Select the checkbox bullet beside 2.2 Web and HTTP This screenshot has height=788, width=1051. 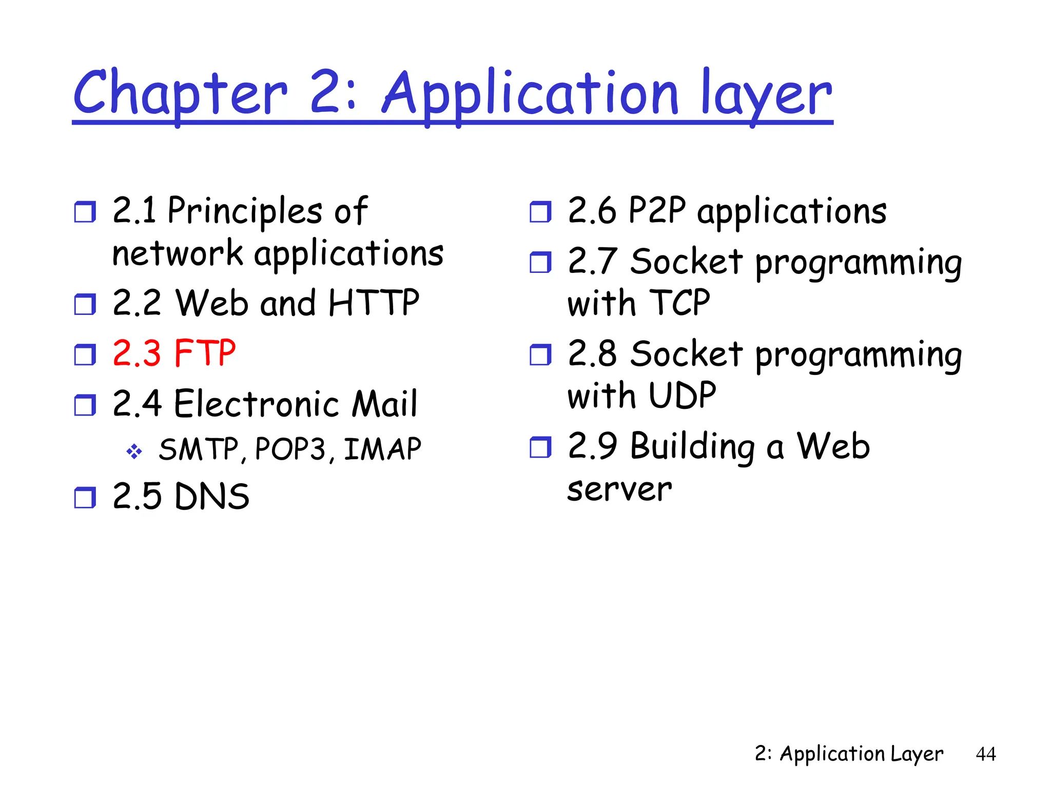pos(85,304)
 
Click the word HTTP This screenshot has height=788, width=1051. pos(374,303)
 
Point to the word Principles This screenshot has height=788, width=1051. pos(245,211)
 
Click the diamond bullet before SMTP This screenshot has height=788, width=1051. pos(134,451)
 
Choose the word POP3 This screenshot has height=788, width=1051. pos(290,449)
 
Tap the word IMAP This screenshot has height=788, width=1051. pos(382,449)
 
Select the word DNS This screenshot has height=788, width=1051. pos(212,497)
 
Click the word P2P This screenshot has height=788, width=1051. pos(657,210)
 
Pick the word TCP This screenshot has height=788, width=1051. pos(679,303)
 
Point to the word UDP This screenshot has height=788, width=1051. pos(682,396)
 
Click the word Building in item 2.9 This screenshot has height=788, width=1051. pos(692,446)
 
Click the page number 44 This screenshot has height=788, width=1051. pos(985,754)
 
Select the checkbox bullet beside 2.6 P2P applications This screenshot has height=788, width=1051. pos(540,212)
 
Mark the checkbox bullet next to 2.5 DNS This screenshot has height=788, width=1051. pos(85,498)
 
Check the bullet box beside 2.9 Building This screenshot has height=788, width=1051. pos(540,447)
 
